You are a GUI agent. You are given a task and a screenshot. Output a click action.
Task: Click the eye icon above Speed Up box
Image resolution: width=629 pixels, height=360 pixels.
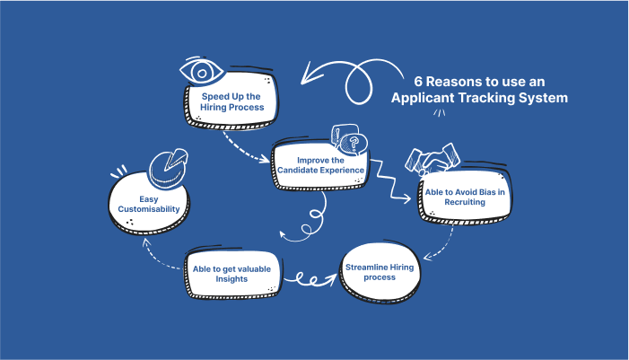point(202,71)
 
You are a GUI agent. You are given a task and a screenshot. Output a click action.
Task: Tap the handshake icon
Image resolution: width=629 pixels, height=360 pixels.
point(432,159)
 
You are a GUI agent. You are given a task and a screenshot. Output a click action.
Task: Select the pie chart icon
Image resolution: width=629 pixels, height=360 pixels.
point(169,168)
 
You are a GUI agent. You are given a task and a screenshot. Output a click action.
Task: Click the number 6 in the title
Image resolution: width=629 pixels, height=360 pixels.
point(418,82)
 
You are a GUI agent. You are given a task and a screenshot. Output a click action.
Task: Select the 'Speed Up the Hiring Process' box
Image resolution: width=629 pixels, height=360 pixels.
point(232,100)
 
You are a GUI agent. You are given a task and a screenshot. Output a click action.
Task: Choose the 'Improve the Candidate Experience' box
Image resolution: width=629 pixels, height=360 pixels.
point(320,164)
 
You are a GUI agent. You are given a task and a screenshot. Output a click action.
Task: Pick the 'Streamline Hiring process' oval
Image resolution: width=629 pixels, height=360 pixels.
point(380,272)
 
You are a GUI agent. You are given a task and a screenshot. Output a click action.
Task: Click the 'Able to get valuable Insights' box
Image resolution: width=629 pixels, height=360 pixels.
point(232,274)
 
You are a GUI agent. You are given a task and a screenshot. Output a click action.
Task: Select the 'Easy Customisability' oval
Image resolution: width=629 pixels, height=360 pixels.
point(149,204)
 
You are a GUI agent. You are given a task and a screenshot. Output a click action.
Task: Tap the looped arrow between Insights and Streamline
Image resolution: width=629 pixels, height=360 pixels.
point(310,280)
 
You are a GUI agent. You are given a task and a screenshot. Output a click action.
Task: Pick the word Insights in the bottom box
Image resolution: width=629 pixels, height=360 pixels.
point(232,279)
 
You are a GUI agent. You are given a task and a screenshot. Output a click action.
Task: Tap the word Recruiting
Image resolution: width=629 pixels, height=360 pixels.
point(465,202)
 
